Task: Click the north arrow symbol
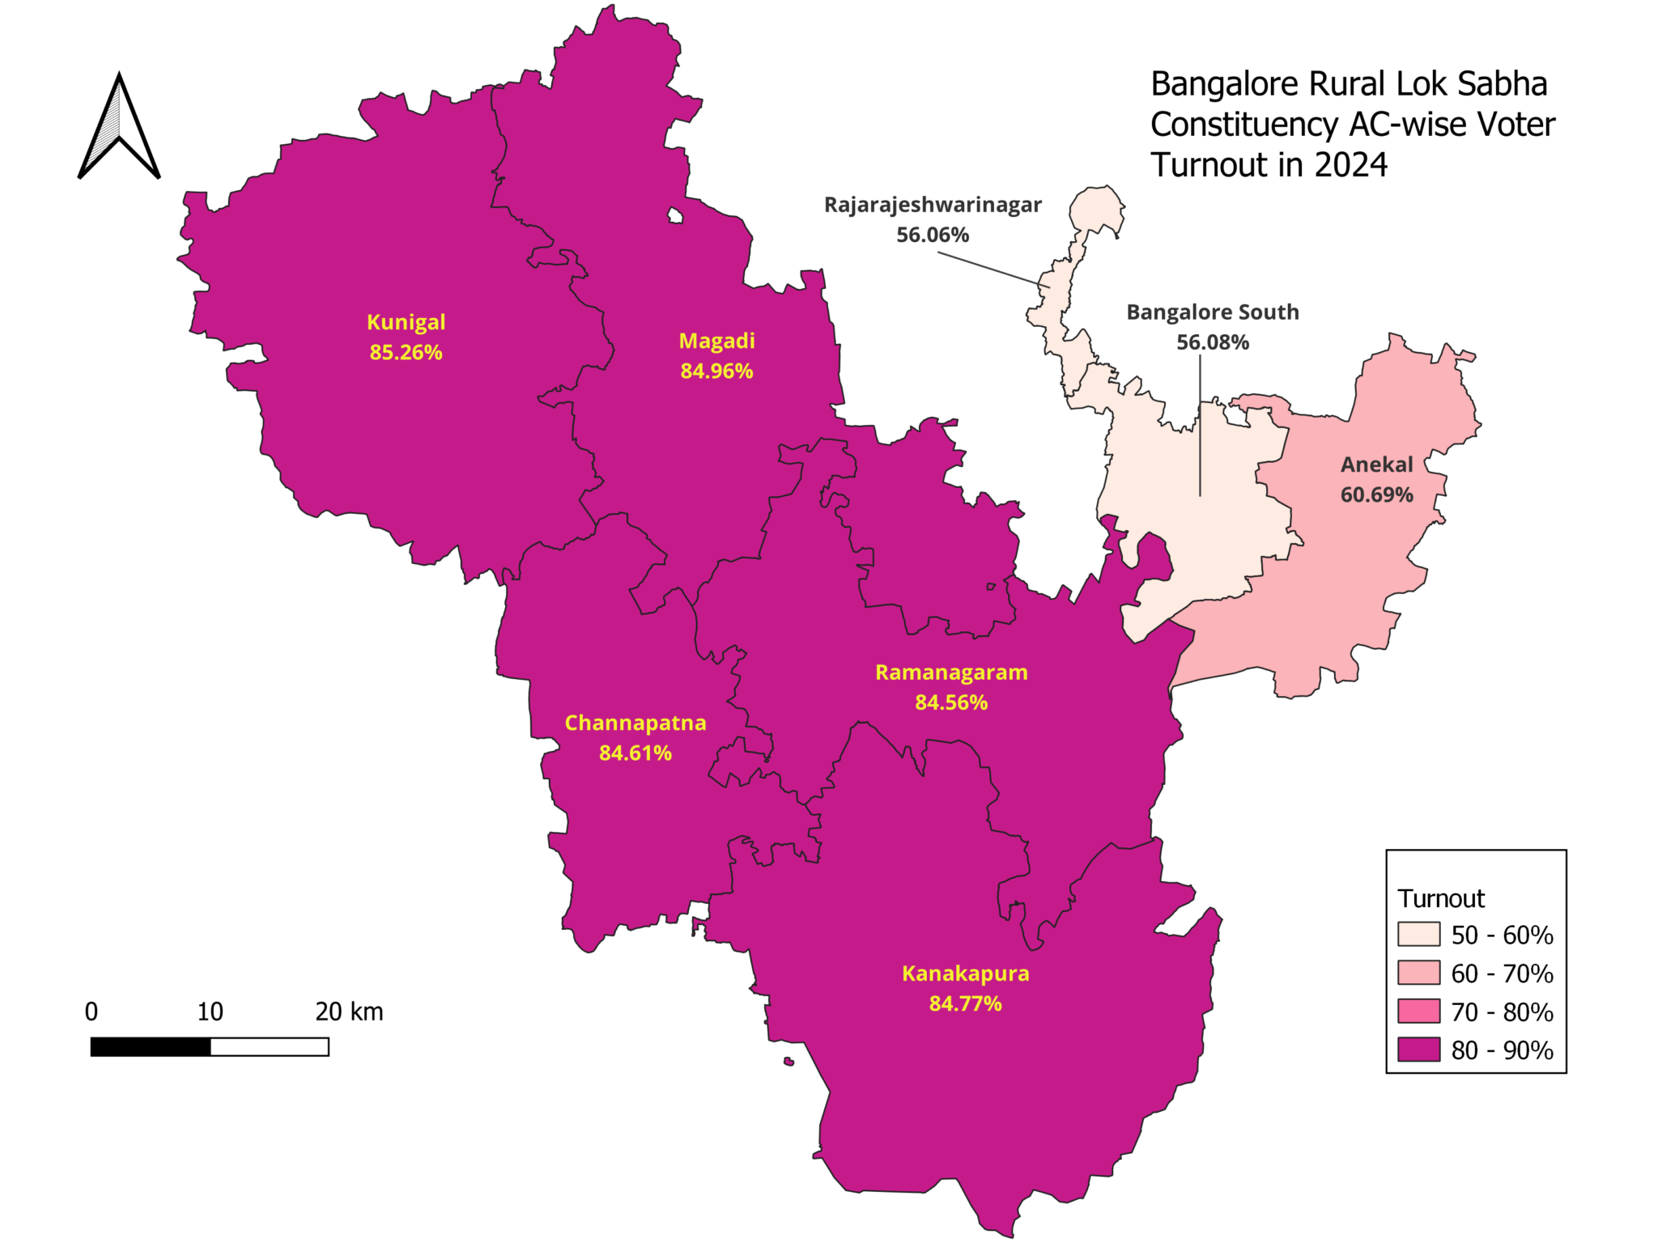[119, 129]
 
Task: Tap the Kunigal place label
[406, 322]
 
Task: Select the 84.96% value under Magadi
[716, 371]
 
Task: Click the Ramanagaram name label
[951, 672]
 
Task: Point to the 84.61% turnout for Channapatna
[635, 753]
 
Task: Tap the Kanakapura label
[965, 974]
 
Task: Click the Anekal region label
[1376, 465]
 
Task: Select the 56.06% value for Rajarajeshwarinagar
[933, 235]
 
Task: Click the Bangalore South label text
[1212, 312]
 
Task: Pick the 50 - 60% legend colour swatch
[1418, 934]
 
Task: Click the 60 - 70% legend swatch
[1418, 972]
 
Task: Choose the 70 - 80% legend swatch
[1418, 1011]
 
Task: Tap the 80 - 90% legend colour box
[1418, 1049]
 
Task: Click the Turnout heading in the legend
[1441, 898]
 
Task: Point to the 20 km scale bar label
[349, 1012]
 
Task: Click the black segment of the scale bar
[151, 1047]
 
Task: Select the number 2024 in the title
[1350, 165]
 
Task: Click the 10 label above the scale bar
[210, 1012]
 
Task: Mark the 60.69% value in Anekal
[1376, 495]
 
